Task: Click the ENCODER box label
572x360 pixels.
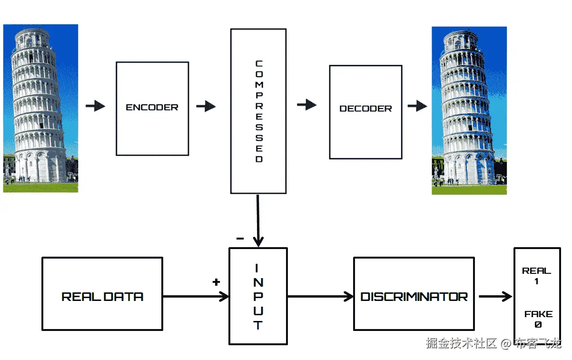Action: pyautogui.click(x=152, y=108)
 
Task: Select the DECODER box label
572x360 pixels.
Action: pyautogui.click(x=365, y=109)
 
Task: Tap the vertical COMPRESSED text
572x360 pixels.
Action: pyautogui.click(x=259, y=111)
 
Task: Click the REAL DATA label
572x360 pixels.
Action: pyautogui.click(x=102, y=297)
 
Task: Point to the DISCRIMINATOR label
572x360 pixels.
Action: pyautogui.click(x=414, y=297)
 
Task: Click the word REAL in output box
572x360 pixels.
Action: pyautogui.click(x=537, y=271)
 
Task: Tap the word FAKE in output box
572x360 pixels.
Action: pyautogui.click(x=539, y=314)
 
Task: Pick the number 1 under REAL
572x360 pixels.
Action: pyautogui.click(x=536, y=281)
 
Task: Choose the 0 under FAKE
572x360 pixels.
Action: pyautogui.click(x=538, y=325)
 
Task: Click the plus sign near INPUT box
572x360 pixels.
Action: pyautogui.click(x=217, y=282)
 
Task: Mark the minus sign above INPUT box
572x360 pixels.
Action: pyautogui.click(x=240, y=238)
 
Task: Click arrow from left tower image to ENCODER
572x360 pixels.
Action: pyautogui.click(x=96, y=106)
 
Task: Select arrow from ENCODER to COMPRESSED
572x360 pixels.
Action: pyautogui.click(x=206, y=106)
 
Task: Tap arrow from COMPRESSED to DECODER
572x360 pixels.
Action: pyautogui.click(x=307, y=105)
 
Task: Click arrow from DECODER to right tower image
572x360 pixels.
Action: pyautogui.click(x=417, y=106)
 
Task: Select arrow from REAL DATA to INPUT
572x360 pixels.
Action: pyautogui.click(x=196, y=297)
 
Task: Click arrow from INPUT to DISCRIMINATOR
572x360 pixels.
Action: pyautogui.click(x=320, y=297)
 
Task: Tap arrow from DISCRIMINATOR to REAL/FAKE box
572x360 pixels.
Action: pyautogui.click(x=495, y=297)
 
